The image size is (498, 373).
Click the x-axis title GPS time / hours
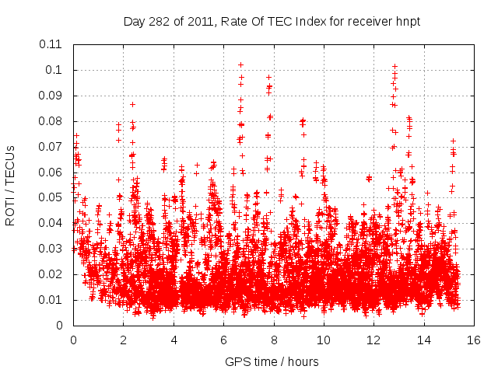pyautogui.click(x=272, y=362)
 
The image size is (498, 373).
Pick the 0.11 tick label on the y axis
pyautogui.click(x=53, y=44)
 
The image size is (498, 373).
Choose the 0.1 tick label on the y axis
pyautogui.click(x=56, y=70)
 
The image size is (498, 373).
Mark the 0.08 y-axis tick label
pyautogui.click(x=53, y=121)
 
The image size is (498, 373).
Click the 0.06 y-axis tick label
pyautogui.click(x=53, y=172)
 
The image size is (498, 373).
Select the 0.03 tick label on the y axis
pyautogui.click(x=53, y=249)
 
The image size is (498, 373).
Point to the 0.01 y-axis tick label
pyautogui.click(x=53, y=300)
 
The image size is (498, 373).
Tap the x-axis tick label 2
pyautogui.click(x=123, y=340)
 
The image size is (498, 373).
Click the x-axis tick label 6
pyautogui.click(x=223, y=340)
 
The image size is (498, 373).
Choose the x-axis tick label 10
pyautogui.click(x=323, y=340)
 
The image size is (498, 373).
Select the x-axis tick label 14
pyautogui.click(x=423, y=340)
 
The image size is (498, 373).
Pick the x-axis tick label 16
pyautogui.click(x=473, y=340)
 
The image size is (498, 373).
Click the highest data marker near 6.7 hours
pyautogui.click(x=240, y=64)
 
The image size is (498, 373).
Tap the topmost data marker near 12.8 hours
pyautogui.click(x=395, y=67)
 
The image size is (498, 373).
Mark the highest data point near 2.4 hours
pyautogui.click(x=133, y=104)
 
